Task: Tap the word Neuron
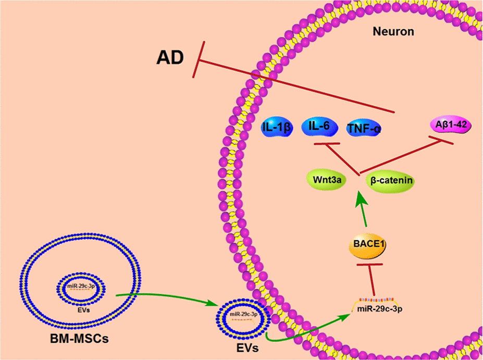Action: [x=393, y=32]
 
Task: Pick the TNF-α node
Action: [x=364, y=128]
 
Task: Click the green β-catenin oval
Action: [x=391, y=181]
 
